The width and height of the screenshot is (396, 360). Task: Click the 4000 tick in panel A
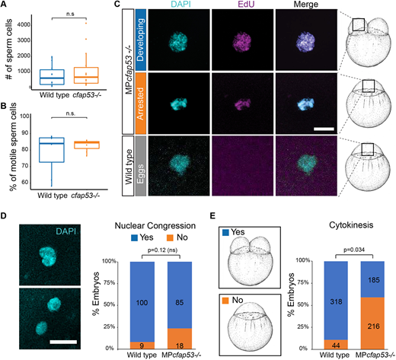(x=24, y=25)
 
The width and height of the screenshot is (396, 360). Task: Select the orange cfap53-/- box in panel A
(x=86, y=75)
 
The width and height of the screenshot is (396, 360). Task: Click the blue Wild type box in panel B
(x=52, y=150)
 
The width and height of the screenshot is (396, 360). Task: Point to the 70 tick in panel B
(x=24, y=166)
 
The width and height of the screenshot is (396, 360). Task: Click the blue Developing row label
(x=141, y=40)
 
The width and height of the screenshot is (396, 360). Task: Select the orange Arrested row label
(x=141, y=104)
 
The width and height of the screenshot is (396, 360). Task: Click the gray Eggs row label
(x=141, y=166)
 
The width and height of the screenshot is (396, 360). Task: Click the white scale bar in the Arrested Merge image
(x=324, y=129)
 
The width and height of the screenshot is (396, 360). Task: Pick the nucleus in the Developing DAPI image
(x=178, y=41)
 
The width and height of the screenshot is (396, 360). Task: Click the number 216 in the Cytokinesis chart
(x=373, y=326)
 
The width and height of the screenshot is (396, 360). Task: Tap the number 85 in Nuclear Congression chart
(x=180, y=302)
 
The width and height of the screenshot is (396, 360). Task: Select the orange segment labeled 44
(x=336, y=344)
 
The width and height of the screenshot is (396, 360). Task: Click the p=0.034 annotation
(x=354, y=250)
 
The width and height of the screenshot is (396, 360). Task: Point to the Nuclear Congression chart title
(x=155, y=225)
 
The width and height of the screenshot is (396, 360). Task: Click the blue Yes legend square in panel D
(x=134, y=237)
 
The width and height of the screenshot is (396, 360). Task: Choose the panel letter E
(x=212, y=216)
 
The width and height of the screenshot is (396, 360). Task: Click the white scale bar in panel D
(x=63, y=342)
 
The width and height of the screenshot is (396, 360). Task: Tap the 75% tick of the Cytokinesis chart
(x=303, y=282)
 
